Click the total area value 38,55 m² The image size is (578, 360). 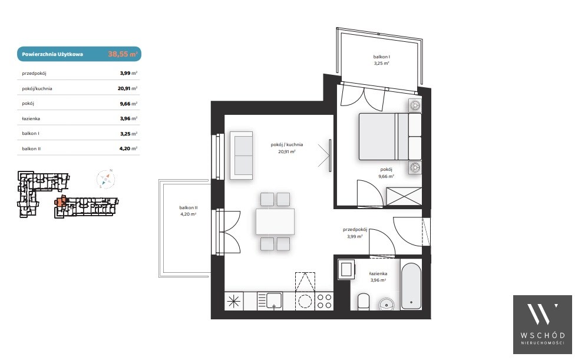(123, 54)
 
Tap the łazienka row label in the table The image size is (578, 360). (31, 118)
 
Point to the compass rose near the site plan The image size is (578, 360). (106, 179)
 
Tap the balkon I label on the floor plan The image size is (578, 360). (382, 57)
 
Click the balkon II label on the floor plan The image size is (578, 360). (189, 207)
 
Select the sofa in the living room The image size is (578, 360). (241, 155)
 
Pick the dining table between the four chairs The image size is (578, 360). (275, 222)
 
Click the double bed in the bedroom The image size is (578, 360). (390, 137)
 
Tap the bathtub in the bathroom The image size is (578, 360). (411, 286)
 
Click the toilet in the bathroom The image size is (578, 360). (364, 302)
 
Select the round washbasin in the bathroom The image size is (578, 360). (387, 305)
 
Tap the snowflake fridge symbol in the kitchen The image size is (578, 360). (234, 301)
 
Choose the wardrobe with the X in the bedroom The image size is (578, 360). (404, 196)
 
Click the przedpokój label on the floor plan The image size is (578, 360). (355, 229)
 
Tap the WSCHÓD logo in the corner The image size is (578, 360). (542, 324)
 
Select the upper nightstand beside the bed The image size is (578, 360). (415, 105)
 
